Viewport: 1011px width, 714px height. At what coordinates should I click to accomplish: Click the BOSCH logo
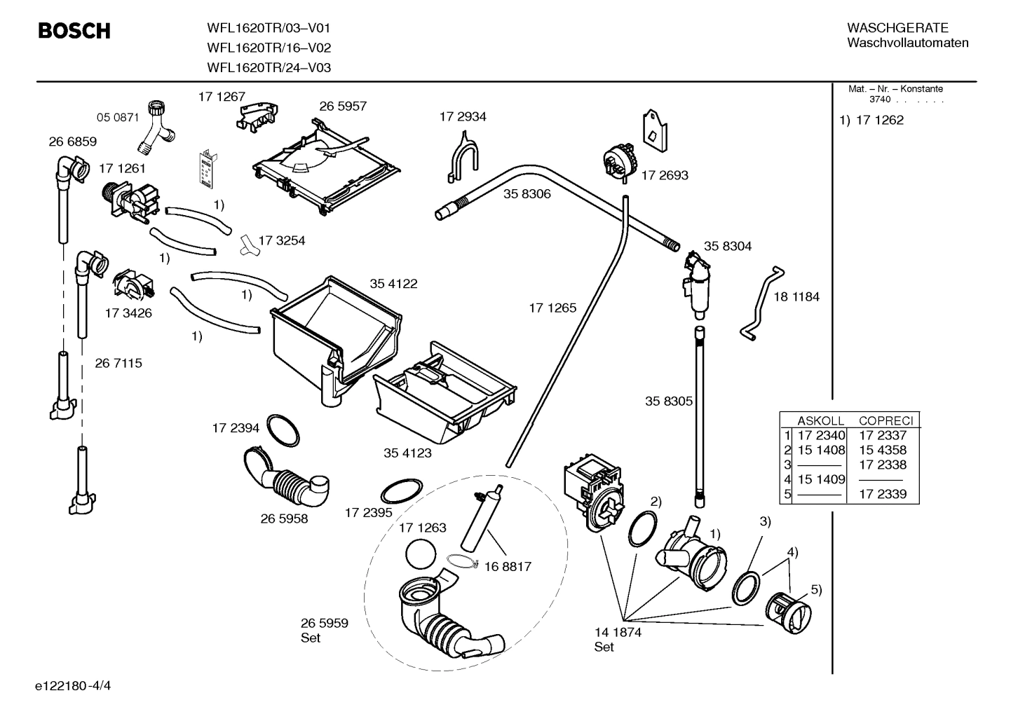pyautogui.click(x=74, y=32)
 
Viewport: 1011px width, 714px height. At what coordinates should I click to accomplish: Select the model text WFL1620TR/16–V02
pyautogui.click(x=269, y=48)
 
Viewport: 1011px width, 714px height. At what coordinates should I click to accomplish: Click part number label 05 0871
pyautogui.click(x=118, y=117)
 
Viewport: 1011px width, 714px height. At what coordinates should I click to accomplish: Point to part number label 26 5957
pyautogui.click(x=343, y=107)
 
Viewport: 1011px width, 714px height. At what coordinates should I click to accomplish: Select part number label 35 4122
pyautogui.click(x=393, y=284)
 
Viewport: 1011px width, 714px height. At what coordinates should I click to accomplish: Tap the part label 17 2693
pyautogui.click(x=665, y=176)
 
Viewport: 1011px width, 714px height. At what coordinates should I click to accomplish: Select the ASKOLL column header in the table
pyautogui.click(x=820, y=421)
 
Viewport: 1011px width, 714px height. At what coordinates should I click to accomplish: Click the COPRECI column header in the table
pyautogui.click(x=886, y=421)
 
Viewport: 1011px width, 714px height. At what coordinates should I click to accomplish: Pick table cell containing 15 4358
pyautogui.click(x=883, y=451)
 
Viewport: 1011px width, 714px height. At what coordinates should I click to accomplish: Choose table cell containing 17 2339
pyautogui.click(x=883, y=495)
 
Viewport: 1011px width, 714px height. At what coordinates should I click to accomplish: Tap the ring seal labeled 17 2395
pyautogui.click(x=402, y=489)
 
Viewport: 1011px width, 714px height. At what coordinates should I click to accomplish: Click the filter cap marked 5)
pyautogui.click(x=788, y=610)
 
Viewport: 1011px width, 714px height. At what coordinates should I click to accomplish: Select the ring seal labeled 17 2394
pyautogui.click(x=284, y=430)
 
